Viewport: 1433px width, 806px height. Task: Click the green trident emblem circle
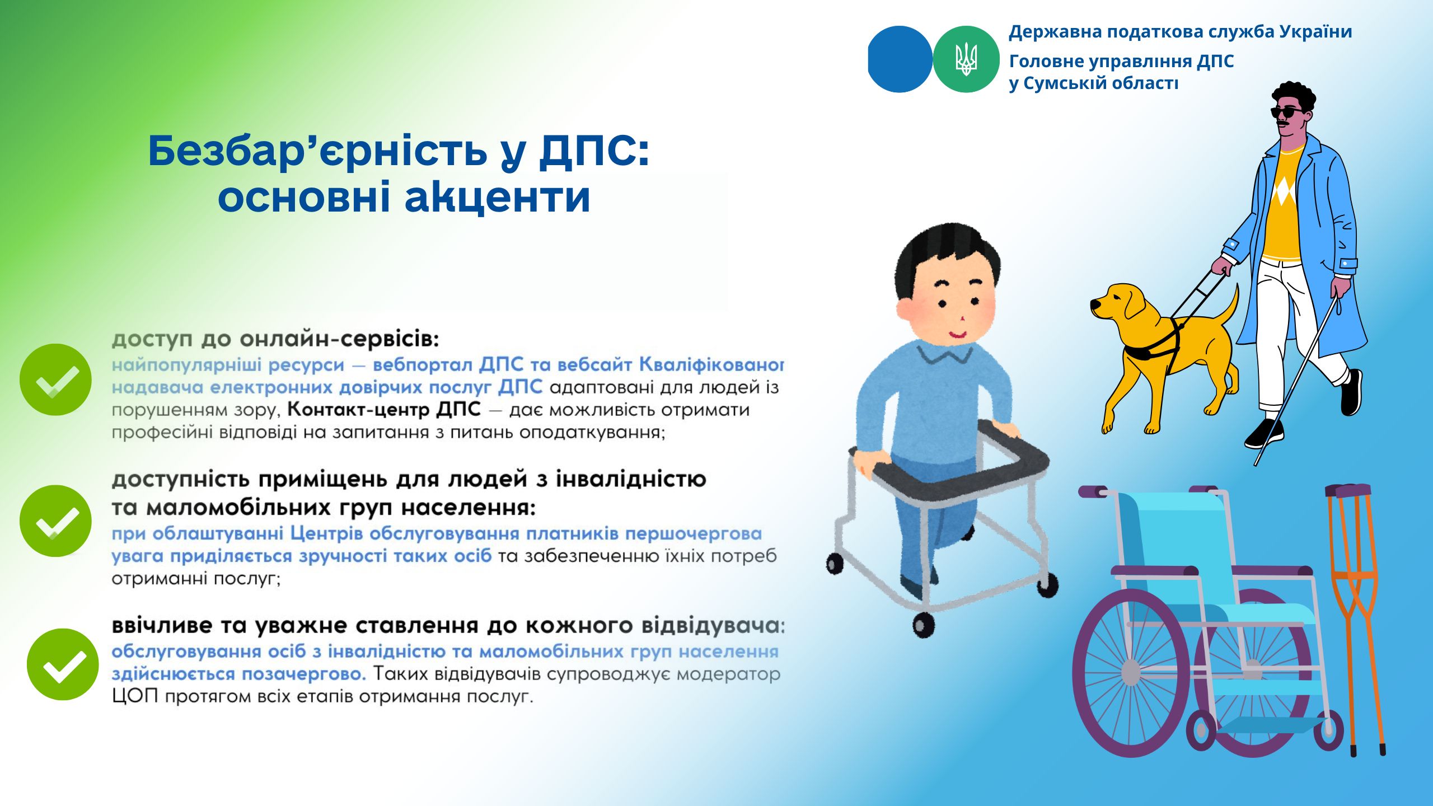[x=966, y=59]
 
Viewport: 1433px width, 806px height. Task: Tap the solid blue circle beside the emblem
[x=900, y=59]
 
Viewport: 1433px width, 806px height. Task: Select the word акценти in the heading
[x=498, y=198]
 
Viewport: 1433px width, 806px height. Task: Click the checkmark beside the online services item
[x=55, y=379]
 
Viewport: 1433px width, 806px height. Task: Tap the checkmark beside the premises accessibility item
[x=55, y=521]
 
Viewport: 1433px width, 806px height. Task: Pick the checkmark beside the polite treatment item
[x=63, y=664]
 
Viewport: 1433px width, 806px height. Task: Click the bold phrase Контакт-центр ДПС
[x=384, y=410]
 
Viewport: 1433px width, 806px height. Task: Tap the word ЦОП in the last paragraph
[x=135, y=697]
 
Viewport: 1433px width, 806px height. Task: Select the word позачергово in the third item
[x=304, y=674]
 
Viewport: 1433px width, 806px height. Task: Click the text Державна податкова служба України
[x=1181, y=32]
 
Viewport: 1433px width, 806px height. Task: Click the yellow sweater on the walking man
[x=1282, y=204]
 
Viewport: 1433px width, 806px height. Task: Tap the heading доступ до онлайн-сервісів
[x=275, y=339]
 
